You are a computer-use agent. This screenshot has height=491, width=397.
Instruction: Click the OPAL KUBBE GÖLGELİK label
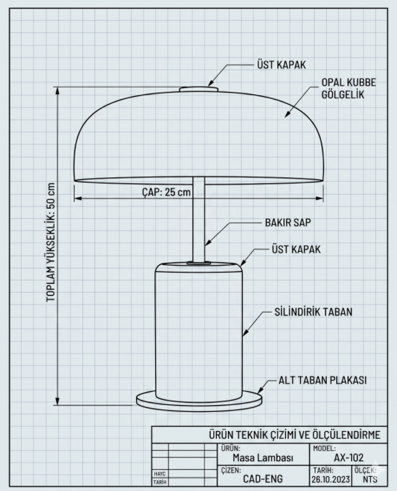[348, 88]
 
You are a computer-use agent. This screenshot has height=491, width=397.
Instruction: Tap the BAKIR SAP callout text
[288, 223]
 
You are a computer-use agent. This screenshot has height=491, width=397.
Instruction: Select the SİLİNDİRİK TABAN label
[313, 312]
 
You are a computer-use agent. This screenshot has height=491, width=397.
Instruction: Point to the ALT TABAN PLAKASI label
[322, 380]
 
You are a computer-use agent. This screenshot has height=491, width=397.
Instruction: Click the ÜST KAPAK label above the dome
[281, 65]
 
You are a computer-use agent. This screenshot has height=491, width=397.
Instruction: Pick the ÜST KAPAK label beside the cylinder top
[296, 249]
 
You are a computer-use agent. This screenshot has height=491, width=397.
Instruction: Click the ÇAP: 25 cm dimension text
[167, 192]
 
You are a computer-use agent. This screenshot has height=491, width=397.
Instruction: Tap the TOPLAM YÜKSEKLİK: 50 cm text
[51, 242]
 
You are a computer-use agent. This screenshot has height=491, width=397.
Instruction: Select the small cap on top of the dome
[198, 89]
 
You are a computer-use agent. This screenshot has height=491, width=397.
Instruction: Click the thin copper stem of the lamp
[198, 219]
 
